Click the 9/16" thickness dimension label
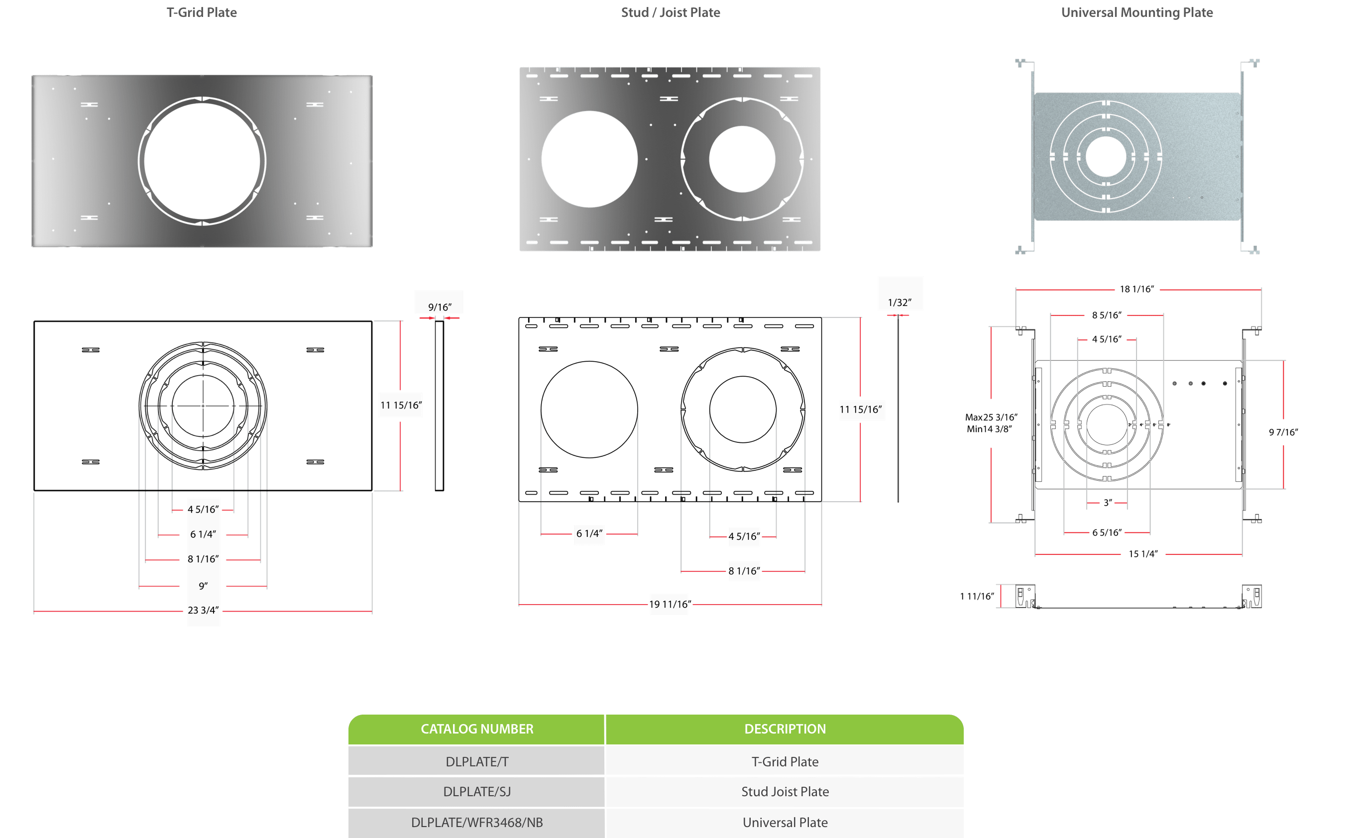click(439, 307)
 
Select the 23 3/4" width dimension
click(203, 610)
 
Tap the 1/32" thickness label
click(899, 303)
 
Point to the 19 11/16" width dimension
click(669, 604)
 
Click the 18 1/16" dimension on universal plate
click(1136, 289)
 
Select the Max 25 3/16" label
click(991, 418)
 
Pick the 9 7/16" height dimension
click(1283, 432)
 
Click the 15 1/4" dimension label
click(1142, 554)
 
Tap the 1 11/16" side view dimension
click(977, 596)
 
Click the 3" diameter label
click(1107, 503)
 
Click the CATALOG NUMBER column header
click(477, 729)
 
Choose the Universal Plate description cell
click(785, 823)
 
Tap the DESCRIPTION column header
click(785, 729)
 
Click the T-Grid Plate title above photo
click(202, 13)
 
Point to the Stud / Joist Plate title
click(670, 13)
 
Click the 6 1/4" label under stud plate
click(589, 534)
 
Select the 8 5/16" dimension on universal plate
click(1106, 315)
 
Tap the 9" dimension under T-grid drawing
click(204, 586)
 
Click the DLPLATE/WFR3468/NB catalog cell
click(477, 823)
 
